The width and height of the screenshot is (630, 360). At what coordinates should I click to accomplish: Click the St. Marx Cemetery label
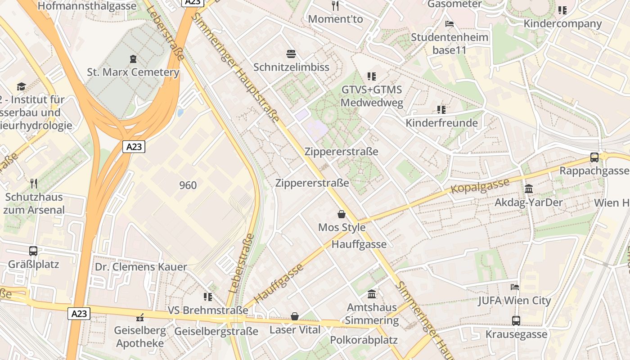tap(133, 72)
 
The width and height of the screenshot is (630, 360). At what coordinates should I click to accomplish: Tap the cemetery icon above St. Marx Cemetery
tap(133, 59)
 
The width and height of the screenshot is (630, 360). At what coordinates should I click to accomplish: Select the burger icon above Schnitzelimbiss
tap(291, 54)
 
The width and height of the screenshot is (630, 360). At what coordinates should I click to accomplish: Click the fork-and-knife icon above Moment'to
tap(335, 6)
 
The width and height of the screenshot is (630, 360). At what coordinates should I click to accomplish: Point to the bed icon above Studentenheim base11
tap(449, 24)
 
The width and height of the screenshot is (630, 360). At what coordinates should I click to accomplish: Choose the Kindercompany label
tap(562, 23)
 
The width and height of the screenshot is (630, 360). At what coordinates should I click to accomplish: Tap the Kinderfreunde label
tap(441, 123)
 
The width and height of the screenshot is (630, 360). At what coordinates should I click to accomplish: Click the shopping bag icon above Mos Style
tap(342, 214)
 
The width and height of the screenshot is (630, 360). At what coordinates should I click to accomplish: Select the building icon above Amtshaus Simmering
tap(372, 294)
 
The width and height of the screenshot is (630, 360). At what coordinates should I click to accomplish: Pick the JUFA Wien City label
tap(514, 300)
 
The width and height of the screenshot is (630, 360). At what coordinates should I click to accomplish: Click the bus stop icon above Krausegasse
tap(516, 321)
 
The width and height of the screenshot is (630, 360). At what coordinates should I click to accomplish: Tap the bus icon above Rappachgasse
tap(594, 157)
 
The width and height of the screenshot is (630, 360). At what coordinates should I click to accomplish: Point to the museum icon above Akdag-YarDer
tap(529, 189)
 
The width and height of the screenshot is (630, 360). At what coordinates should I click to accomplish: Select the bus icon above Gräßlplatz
tap(33, 251)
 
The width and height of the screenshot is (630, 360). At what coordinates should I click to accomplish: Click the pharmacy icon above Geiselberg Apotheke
tap(140, 317)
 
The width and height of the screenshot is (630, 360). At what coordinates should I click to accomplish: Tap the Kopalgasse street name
tap(480, 186)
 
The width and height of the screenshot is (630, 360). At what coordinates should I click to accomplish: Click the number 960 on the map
tap(188, 185)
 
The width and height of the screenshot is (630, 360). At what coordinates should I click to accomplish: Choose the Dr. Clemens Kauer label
tap(140, 267)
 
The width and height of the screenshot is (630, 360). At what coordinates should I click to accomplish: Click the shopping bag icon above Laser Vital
tap(295, 317)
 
